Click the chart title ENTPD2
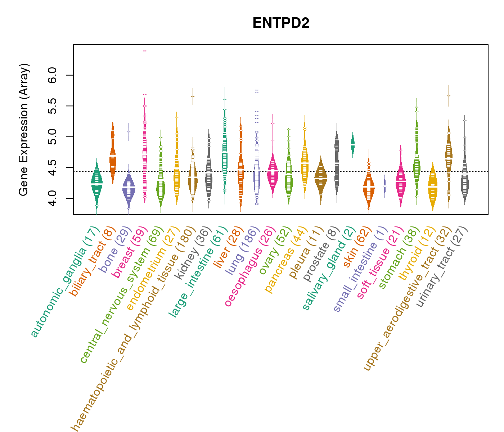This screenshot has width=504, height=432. click(281, 23)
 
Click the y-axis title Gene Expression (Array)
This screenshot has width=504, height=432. click(24, 130)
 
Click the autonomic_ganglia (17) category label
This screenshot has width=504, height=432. click(65, 283)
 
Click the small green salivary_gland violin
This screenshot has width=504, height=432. click(353, 144)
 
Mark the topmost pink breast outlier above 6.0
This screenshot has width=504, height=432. click(145, 51)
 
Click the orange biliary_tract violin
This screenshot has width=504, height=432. click(113, 155)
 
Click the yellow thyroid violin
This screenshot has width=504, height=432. click(433, 187)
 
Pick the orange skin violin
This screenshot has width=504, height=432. click(369, 187)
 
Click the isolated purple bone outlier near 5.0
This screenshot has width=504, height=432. click(129, 132)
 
